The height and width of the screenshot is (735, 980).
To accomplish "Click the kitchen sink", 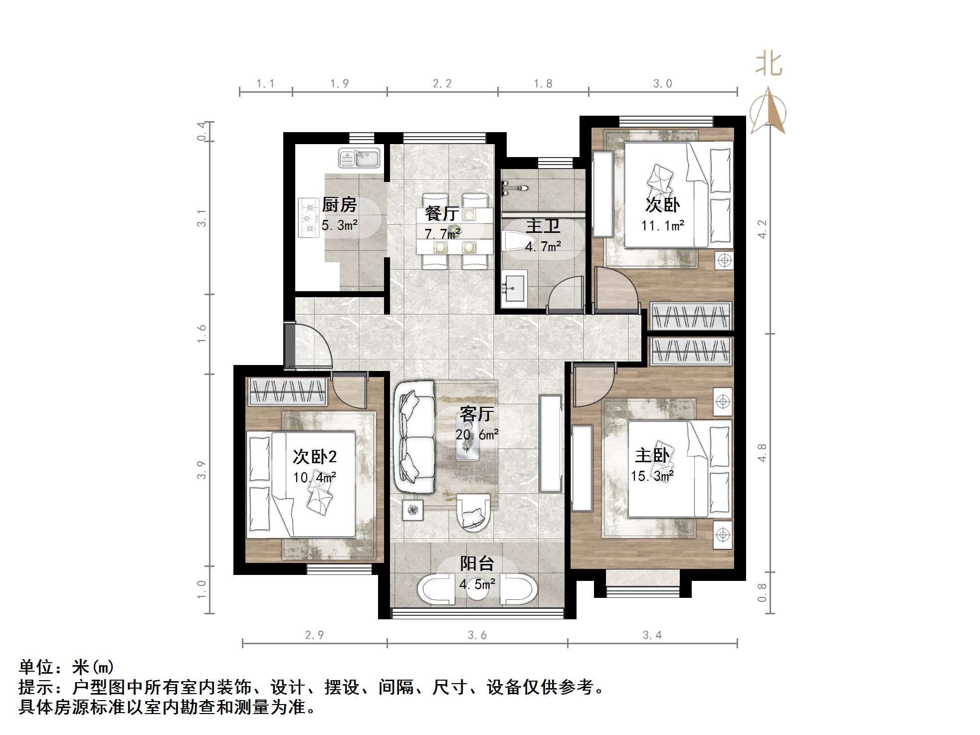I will tap(359, 159).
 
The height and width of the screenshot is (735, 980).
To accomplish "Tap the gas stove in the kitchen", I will tap(308, 218).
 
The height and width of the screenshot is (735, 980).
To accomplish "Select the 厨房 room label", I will tap(339, 204).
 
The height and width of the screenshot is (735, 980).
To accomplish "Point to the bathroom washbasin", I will tap(514, 289).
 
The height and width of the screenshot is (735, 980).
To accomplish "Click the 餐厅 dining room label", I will tap(442, 213).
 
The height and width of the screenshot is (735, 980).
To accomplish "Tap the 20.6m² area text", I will tap(477, 435).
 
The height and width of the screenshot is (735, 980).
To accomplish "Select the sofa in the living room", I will tap(415, 437).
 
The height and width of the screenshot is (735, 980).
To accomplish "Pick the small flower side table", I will tap(413, 510).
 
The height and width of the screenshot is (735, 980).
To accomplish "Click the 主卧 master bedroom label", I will tap(652, 455).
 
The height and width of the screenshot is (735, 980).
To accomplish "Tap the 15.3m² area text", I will tap(652, 476).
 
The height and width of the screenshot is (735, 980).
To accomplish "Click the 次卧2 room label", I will tap(314, 456).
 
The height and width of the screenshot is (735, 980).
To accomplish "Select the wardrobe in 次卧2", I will tap(287, 391).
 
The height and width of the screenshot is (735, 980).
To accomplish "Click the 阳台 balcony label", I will tap(477, 563).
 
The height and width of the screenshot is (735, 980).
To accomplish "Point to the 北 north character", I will tap(769, 65).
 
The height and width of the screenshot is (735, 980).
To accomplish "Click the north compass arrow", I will tap(769, 111).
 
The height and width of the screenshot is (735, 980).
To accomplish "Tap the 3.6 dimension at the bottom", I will tap(477, 635).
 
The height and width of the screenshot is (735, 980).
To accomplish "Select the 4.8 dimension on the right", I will tap(762, 453).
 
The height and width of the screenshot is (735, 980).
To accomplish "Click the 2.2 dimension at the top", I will tap(442, 84).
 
